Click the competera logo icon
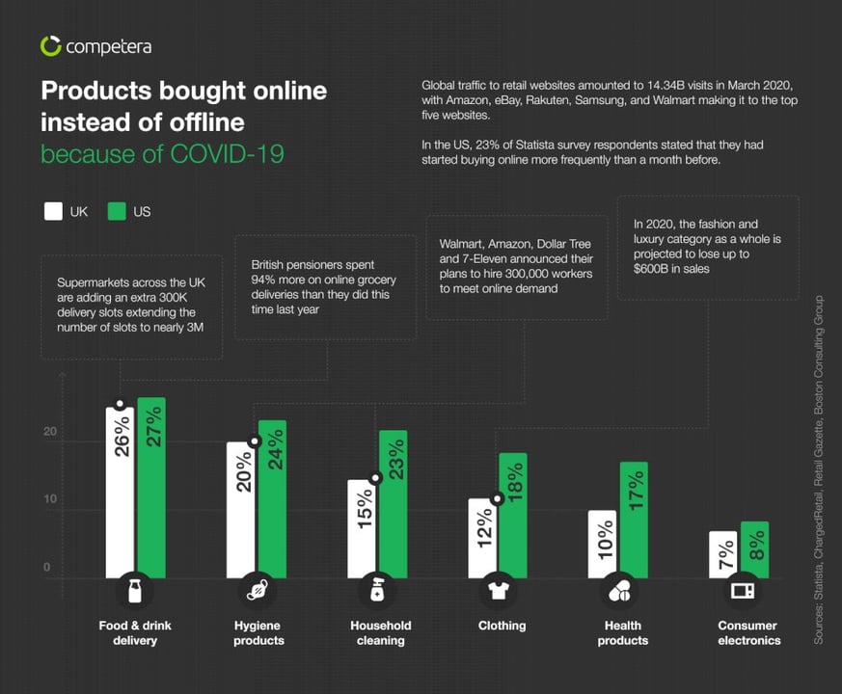pyautogui.click(x=51, y=45)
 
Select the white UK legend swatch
pyautogui.click(x=53, y=211)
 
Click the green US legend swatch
pyautogui.click(x=117, y=211)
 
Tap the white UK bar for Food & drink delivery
pyautogui.click(x=120, y=492)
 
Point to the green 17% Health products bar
pyautogui.click(x=634, y=520)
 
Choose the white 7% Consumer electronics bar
pyautogui.click(x=722, y=554)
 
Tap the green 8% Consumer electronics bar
pyautogui.click(x=754, y=549)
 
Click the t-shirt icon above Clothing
pyautogui.click(x=498, y=590)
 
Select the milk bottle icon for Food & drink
pyautogui.click(x=135, y=590)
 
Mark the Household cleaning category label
pyautogui.click(x=380, y=632)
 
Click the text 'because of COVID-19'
pyautogui.click(x=162, y=153)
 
